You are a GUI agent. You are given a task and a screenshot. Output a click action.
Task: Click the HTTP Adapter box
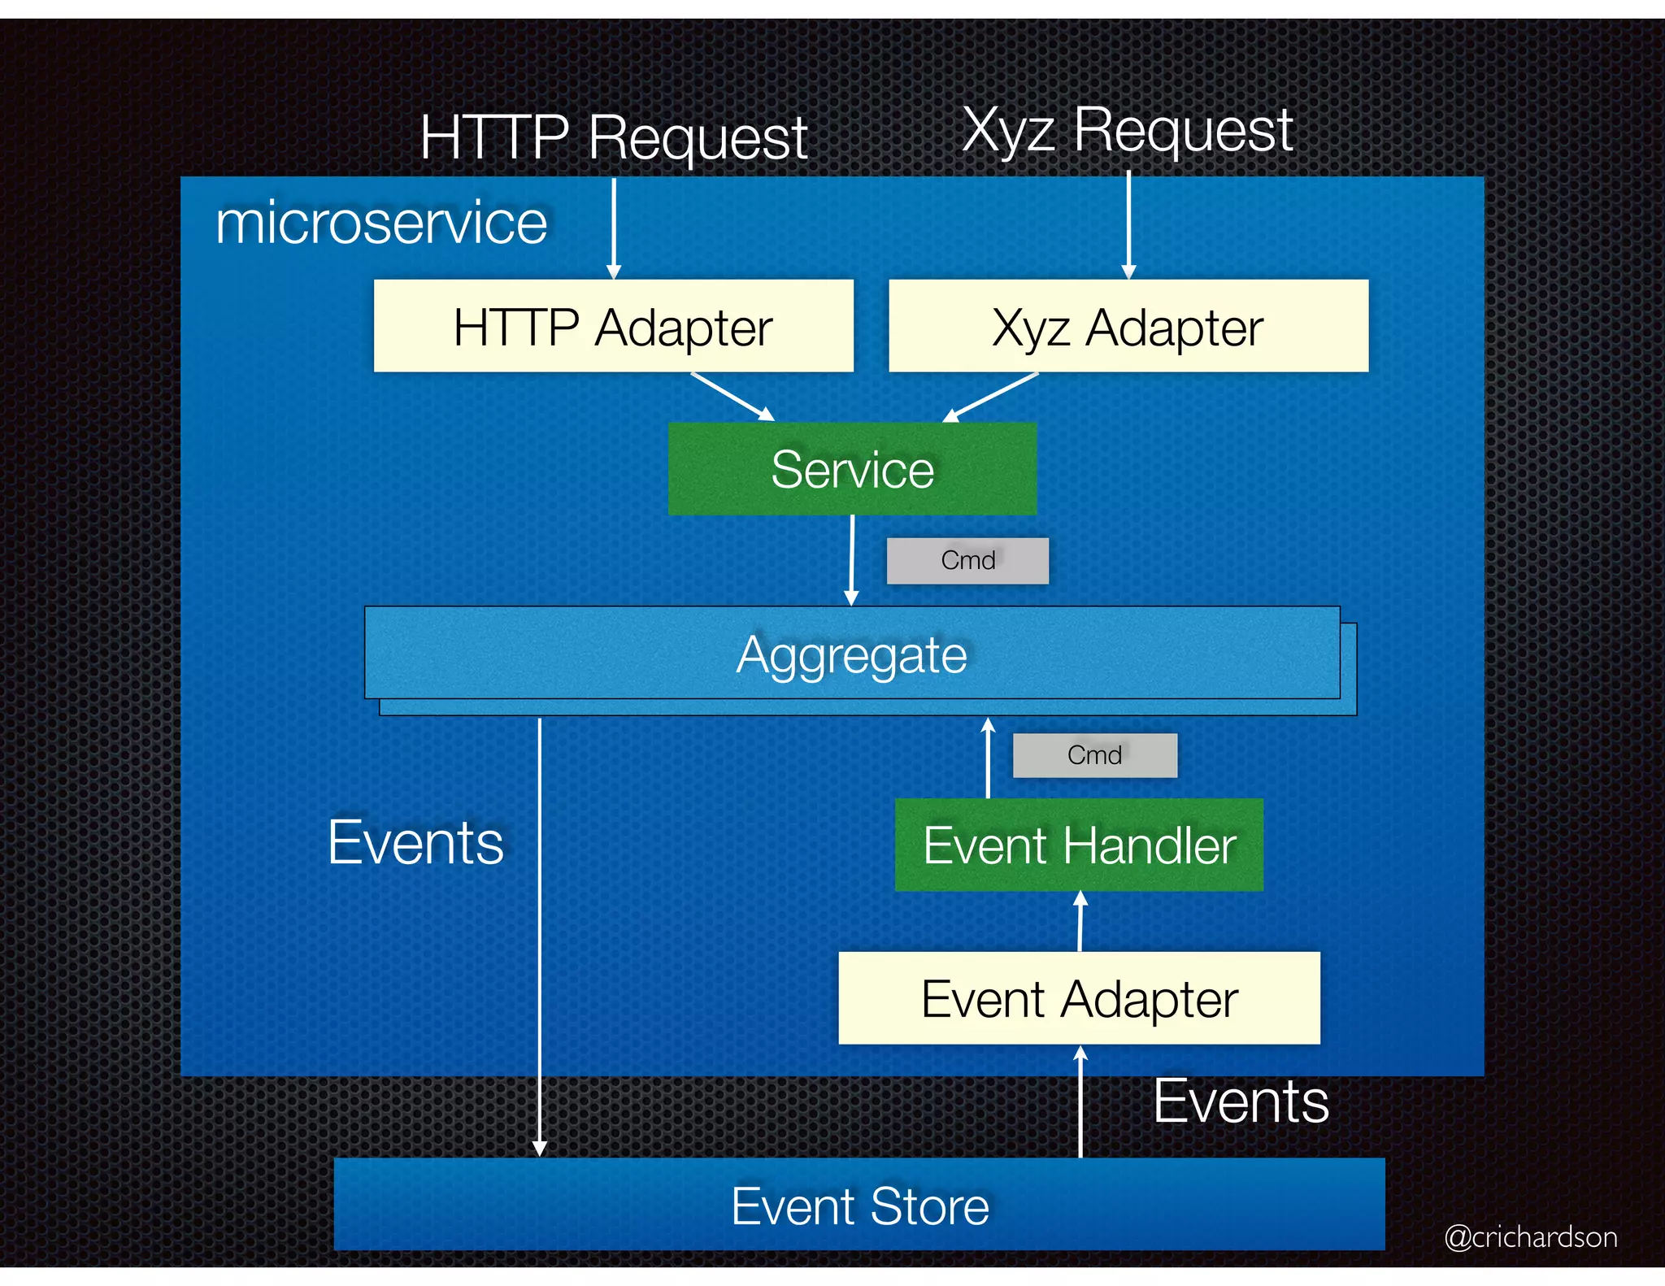coord(613,326)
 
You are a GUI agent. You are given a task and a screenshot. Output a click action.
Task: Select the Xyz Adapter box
coord(1128,326)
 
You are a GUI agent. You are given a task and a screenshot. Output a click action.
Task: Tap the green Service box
coord(852,468)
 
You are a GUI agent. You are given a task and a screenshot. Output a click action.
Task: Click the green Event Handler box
coord(1079,845)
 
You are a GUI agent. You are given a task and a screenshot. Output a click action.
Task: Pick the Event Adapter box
coord(1079,997)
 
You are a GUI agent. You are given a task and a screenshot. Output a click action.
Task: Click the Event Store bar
coord(859,1205)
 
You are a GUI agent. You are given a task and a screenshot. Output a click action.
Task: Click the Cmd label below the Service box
coord(967,560)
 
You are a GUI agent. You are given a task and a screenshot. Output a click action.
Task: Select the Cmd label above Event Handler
coord(1094,755)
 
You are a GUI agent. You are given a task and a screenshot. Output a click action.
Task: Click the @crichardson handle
coord(1530,1236)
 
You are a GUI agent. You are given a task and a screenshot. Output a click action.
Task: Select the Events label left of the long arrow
coord(415,842)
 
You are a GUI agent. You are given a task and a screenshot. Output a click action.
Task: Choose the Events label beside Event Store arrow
coord(1241,1101)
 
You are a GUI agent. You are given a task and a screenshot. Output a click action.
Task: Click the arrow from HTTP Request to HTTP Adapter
coord(614,228)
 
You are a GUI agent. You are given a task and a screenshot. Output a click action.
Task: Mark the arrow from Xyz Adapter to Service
coord(990,397)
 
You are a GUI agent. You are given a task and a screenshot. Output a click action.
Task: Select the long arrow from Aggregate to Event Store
coord(539,935)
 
